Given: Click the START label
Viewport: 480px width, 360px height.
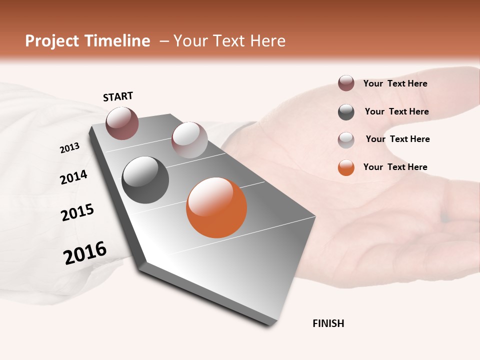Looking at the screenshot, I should click(118, 96).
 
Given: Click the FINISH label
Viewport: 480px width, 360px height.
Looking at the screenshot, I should click(328, 323).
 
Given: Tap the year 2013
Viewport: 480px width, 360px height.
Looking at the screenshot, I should click(70, 148).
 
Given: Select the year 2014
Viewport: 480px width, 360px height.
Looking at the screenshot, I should click(74, 177).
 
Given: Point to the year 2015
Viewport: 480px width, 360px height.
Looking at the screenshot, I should click(77, 212).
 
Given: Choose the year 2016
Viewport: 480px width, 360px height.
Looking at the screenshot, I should click(85, 253).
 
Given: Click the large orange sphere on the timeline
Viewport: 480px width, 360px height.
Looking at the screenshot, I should click(216, 207).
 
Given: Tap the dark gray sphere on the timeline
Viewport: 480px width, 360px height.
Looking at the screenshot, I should click(145, 180).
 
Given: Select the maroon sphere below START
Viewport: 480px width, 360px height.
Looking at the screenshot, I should click(122, 123).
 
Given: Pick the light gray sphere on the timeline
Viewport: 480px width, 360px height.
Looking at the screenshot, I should click(189, 140).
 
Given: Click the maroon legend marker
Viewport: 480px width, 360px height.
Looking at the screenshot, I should click(346, 83).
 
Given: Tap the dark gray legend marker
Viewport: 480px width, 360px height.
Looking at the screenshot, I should click(346, 112).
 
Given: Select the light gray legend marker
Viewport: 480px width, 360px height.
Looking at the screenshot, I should click(346, 140).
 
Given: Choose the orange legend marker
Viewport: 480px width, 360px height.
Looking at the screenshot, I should click(346, 167).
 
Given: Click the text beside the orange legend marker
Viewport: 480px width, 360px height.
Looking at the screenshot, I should click(395, 167).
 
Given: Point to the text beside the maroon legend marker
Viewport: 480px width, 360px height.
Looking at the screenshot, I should click(395, 83).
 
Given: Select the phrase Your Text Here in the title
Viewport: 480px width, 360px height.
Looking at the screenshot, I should click(229, 41).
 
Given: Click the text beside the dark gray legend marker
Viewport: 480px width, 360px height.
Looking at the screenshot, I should click(396, 111).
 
